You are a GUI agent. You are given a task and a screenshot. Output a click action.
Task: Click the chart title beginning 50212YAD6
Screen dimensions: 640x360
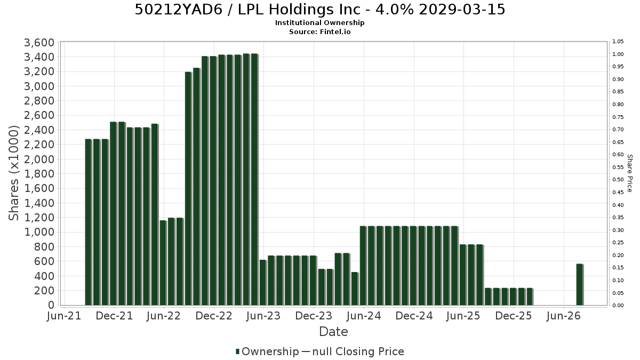click(319, 10)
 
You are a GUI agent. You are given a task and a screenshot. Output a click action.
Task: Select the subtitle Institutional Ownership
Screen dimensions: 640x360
click(319, 23)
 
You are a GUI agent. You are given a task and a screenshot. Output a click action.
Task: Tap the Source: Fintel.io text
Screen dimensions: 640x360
click(319, 31)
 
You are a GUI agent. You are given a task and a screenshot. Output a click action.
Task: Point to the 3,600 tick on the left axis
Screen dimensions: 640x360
click(39, 43)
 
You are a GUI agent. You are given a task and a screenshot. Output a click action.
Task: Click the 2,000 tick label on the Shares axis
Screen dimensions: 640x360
click(39, 159)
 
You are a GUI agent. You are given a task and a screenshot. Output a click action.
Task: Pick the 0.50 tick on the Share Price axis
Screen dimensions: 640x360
click(618, 179)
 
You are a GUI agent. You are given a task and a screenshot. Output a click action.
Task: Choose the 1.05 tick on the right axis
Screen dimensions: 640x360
click(618, 42)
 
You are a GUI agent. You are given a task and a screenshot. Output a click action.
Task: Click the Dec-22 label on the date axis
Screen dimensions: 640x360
click(214, 316)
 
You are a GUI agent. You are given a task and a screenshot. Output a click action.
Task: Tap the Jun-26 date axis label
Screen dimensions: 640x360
click(563, 316)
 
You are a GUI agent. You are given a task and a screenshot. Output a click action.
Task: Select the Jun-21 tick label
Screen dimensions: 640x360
click(64, 316)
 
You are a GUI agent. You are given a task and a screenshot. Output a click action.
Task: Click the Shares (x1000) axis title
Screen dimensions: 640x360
click(13, 173)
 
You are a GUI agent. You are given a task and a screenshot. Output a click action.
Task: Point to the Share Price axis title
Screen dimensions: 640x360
click(629, 173)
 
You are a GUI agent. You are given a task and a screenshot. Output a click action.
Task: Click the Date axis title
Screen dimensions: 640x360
click(333, 332)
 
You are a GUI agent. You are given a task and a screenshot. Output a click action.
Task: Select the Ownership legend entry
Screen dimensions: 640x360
click(267, 351)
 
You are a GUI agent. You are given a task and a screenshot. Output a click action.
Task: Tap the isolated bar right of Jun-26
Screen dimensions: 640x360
click(579, 285)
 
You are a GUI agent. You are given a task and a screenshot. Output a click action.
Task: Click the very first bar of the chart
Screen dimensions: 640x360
click(88, 222)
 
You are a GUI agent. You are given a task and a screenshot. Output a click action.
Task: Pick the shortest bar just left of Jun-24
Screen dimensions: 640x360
click(355, 289)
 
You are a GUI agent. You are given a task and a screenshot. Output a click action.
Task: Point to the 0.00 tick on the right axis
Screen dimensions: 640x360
click(618, 306)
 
